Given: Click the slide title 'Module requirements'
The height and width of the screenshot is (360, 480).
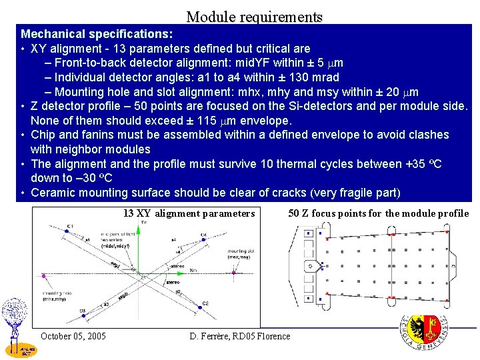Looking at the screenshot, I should pyautogui.click(x=254, y=17).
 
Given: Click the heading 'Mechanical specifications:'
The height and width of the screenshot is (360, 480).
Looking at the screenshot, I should pyautogui.click(x=97, y=33).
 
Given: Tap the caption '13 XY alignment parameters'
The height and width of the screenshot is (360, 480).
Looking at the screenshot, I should pyautogui.click(x=189, y=214).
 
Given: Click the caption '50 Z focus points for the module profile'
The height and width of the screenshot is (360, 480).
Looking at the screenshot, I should pyautogui.click(x=378, y=214).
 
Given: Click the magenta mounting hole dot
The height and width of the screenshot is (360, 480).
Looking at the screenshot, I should pyautogui.click(x=43, y=275).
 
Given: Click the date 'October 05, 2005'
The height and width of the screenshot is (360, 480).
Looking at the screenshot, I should pyautogui.click(x=73, y=336).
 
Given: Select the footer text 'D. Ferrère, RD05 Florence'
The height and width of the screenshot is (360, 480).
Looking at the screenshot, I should pyautogui.click(x=240, y=336).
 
